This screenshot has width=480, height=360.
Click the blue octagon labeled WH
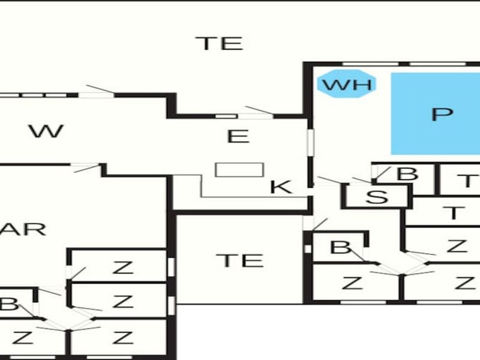tap(346, 84)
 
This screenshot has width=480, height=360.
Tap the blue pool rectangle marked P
tap(436, 113)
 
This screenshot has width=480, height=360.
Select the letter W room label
tap(47, 131)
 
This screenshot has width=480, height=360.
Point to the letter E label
tap(238, 137)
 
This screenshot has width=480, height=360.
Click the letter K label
tap(281, 187)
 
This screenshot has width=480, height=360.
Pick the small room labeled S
tap(377, 196)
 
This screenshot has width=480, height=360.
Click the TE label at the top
tap(220, 43)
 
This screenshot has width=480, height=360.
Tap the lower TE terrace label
tap(240, 260)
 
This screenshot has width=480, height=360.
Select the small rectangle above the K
tap(239, 170)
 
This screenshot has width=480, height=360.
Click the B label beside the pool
tap(407, 174)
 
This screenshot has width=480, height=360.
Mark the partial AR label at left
tap(23, 230)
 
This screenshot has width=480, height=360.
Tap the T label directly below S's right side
tap(454, 212)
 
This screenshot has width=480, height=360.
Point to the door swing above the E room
tap(259, 111)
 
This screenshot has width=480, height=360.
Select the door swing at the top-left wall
tap(100, 89)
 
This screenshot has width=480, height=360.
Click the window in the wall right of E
tap(311, 142)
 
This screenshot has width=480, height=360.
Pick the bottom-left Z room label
tap(22, 338)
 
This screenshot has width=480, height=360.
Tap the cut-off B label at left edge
tap(8, 304)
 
